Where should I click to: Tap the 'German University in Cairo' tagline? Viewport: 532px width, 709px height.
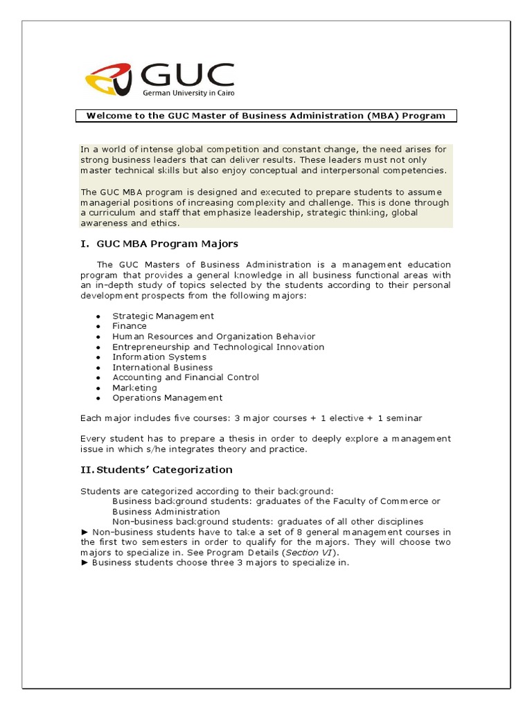(x=188, y=92)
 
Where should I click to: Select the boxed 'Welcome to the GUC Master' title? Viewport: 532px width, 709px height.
(x=265, y=116)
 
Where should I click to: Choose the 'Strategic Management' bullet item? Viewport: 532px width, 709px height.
(x=163, y=316)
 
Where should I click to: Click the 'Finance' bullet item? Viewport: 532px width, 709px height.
(x=130, y=326)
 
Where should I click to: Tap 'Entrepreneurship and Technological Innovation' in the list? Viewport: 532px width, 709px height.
(x=218, y=347)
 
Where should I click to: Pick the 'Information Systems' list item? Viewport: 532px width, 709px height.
(x=159, y=357)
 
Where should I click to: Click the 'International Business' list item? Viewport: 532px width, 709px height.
(x=163, y=368)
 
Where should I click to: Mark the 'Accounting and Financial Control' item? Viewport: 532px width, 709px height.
(x=186, y=377)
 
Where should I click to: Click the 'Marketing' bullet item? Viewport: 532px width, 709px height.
(x=134, y=388)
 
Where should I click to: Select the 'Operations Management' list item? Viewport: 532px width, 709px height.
(x=168, y=398)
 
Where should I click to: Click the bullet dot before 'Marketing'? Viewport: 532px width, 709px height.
(x=98, y=388)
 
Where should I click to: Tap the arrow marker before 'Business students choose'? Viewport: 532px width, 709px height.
(x=85, y=563)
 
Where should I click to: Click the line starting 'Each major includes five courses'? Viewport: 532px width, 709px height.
(x=251, y=418)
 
